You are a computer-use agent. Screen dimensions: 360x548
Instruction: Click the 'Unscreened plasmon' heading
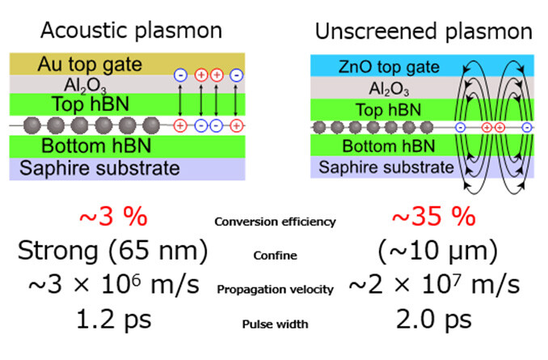[x=424, y=31]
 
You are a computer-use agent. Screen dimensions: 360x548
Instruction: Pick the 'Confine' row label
[x=274, y=256]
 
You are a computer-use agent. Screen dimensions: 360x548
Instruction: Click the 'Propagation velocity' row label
[x=275, y=289]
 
